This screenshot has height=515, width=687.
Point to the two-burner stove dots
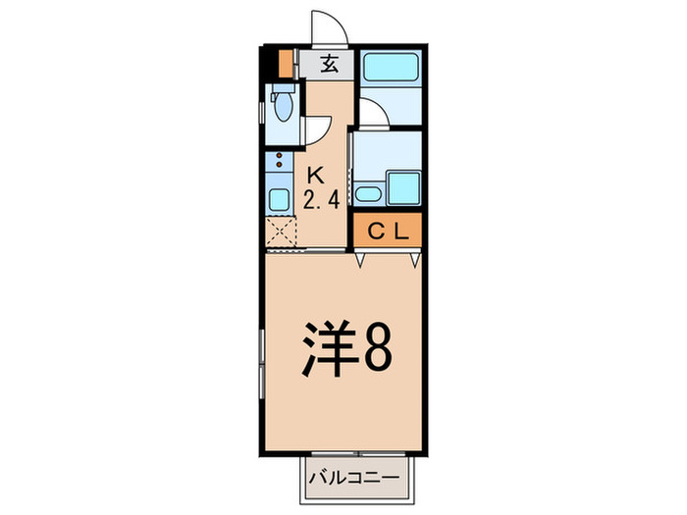pos(279,161)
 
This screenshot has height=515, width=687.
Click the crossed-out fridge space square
pos(281,234)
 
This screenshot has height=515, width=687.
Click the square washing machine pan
pos(402,186)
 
